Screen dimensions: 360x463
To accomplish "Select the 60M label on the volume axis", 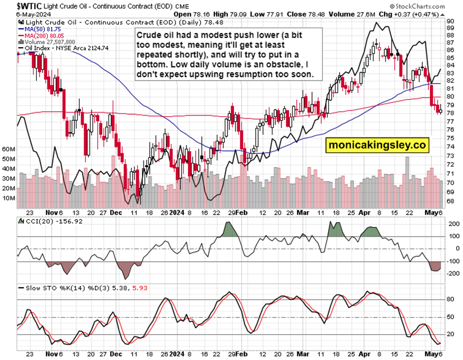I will [x=9, y=149].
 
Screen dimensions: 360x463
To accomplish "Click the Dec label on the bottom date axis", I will [x=117, y=213].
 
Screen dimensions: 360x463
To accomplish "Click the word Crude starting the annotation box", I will [x=148, y=35].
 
